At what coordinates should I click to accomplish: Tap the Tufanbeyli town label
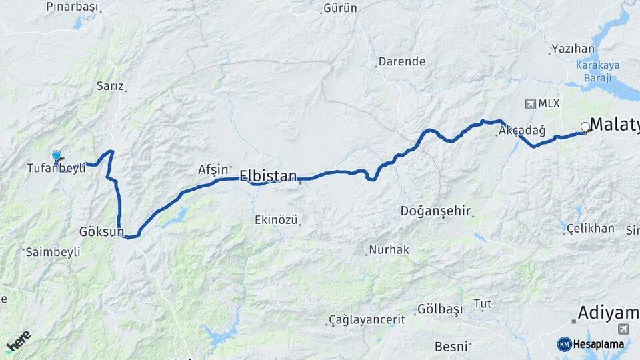click(x=56, y=168)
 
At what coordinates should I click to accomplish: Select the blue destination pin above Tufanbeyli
click(x=57, y=156)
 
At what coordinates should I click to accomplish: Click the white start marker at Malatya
click(x=585, y=127)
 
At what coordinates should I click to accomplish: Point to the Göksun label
click(x=102, y=232)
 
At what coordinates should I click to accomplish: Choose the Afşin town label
click(x=213, y=170)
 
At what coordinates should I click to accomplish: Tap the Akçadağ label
click(x=517, y=131)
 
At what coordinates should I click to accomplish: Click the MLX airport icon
click(x=531, y=104)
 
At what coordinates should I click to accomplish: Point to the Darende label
click(x=401, y=61)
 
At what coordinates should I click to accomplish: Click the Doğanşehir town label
click(x=436, y=211)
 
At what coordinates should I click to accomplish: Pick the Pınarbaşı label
click(x=71, y=7)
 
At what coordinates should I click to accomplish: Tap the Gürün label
click(x=340, y=9)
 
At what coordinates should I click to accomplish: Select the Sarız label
click(x=110, y=86)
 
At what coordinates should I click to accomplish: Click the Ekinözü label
click(x=276, y=219)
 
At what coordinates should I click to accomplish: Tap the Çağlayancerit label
click(x=367, y=320)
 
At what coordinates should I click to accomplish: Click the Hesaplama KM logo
click(x=591, y=344)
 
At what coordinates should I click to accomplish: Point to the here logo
click(x=19, y=341)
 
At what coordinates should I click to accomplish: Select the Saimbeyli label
click(x=53, y=252)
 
